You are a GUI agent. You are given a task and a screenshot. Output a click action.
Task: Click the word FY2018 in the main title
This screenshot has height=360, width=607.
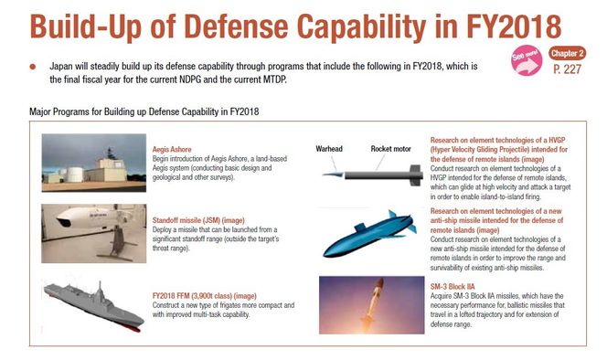514,26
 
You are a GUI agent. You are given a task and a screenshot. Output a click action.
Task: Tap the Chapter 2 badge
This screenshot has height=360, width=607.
567,53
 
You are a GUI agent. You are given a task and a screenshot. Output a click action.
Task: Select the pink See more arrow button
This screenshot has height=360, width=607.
527,60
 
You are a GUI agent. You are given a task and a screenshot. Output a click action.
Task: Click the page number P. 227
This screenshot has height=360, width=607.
567,69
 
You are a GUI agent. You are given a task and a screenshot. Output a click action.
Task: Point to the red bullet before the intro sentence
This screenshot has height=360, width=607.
33,67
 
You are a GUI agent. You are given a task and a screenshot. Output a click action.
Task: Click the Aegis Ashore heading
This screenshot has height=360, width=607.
172,150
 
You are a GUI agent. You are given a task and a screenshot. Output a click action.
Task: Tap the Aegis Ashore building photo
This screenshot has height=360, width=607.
93,163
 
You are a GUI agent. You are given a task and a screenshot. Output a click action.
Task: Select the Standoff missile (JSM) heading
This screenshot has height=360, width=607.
198,220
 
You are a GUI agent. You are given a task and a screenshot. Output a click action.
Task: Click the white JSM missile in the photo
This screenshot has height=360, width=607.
91,217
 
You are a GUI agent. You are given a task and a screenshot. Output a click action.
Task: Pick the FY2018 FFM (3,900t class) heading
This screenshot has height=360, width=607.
205,296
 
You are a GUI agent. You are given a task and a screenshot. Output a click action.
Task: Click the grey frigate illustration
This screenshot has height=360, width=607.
93,306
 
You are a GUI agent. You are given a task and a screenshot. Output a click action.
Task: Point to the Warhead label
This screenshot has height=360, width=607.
329,149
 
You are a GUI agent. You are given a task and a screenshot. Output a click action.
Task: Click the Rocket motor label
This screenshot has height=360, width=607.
390,149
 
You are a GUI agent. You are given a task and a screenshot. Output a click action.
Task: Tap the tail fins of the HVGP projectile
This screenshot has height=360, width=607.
416,175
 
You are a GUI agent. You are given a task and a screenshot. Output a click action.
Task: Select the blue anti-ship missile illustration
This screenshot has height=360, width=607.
369,233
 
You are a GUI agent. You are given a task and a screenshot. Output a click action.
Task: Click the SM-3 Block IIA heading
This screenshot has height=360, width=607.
453,287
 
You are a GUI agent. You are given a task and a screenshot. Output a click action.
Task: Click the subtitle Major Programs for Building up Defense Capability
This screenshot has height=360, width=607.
144,111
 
